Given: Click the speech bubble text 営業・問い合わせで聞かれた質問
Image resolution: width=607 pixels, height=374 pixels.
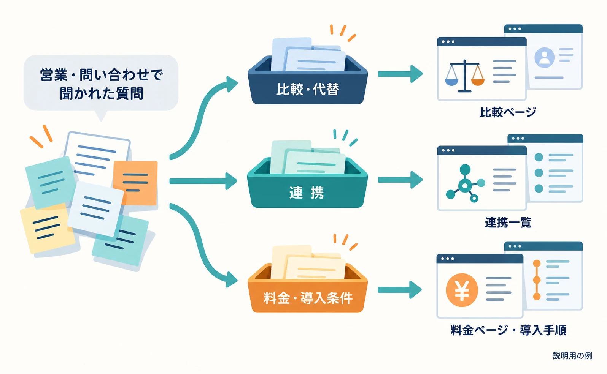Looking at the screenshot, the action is [x=101, y=84].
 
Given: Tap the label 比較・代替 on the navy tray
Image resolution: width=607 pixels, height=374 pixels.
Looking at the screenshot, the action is [x=308, y=89].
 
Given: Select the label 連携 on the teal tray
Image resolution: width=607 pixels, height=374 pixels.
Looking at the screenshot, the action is [x=307, y=193].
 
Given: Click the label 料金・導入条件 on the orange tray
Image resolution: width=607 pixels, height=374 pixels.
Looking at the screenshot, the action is [x=308, y=298].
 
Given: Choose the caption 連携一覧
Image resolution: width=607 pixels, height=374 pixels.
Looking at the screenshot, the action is [x=508, y=223].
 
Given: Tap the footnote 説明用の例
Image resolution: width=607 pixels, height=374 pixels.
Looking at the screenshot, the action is [x=572, y=356].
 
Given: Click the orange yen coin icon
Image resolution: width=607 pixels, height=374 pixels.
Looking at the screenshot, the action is [x=462, y=290].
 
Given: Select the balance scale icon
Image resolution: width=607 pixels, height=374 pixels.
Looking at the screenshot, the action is [x=465, y=76].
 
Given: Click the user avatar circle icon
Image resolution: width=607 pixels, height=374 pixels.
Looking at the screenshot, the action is [x=544, y=57].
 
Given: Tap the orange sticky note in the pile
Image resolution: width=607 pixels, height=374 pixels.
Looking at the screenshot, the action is [x=135, y=183].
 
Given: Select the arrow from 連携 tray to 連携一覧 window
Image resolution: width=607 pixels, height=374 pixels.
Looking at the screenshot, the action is [x=400, y=180].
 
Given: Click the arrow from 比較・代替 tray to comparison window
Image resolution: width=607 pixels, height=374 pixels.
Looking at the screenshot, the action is [x=400, y=74].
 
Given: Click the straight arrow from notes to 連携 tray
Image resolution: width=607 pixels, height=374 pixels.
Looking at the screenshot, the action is [x=203, y=181].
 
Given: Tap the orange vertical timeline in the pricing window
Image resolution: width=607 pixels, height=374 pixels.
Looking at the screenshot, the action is [x=537, y=280].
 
